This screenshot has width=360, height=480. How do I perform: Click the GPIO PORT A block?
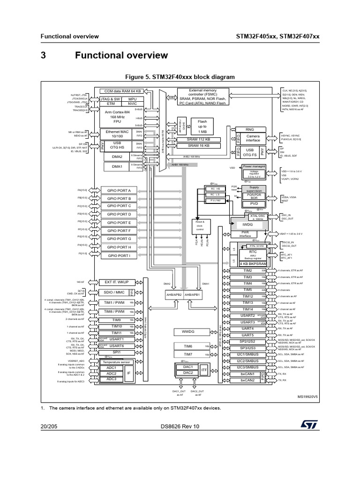(119, 190)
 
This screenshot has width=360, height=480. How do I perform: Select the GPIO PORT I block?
(119, 255)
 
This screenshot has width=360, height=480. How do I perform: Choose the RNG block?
(249, 129)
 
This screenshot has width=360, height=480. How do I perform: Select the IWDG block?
(247, 225)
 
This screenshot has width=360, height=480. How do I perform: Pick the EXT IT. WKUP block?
(117, 282)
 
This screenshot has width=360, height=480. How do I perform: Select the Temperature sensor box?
(117, 362)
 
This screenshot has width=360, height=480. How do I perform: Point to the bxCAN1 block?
(247, 374)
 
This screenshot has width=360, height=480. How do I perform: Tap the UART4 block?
(247, 329)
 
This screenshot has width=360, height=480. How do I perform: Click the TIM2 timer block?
(247, 271)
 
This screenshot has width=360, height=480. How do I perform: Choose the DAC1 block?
(187, 367)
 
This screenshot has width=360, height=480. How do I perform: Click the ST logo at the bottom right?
(309, 424)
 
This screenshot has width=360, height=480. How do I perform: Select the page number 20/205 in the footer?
(50, 426)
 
